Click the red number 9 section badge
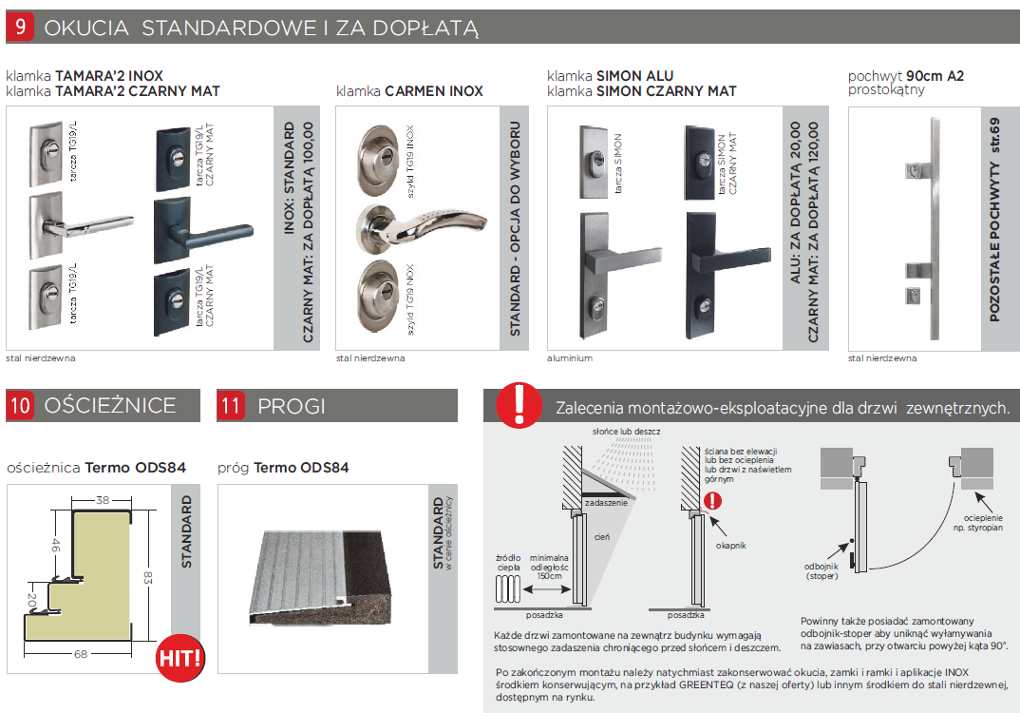[20, 27]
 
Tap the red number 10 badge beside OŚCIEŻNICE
[20, 405]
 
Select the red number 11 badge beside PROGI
[231, 406]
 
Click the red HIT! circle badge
[180, 658]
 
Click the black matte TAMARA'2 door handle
[201, 231]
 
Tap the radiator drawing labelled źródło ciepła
[508, 590]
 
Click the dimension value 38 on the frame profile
[103, 500]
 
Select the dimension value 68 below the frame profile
[80, 654]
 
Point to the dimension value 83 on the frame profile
[148, 578]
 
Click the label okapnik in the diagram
[730, 546]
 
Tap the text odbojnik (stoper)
[822, 571]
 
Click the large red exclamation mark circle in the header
[519, 404]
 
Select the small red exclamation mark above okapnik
[713, 501]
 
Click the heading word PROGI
[291, 406]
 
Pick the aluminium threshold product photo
[321, 577]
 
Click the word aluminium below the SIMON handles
[569, 358]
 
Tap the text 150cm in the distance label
[549, 576]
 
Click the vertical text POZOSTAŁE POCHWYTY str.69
[994, 220]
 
